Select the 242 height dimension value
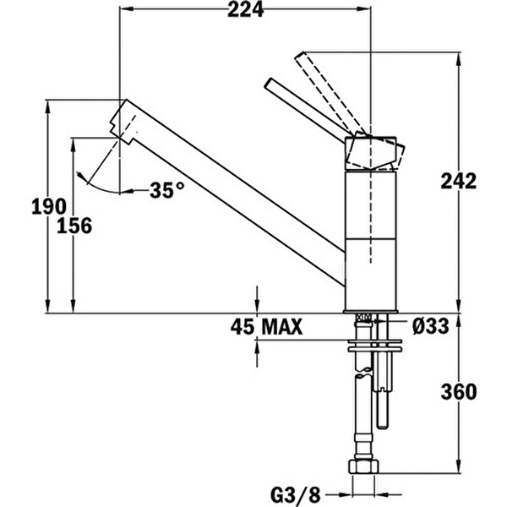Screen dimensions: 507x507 459,180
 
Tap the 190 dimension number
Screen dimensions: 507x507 48,206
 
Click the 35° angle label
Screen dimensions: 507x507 166,190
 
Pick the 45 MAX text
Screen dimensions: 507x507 266,326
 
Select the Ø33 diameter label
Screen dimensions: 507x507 432,326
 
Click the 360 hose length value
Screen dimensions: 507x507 459,392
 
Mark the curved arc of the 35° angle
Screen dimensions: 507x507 95,180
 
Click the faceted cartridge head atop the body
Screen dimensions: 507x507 373,153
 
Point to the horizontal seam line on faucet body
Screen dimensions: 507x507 371,238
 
